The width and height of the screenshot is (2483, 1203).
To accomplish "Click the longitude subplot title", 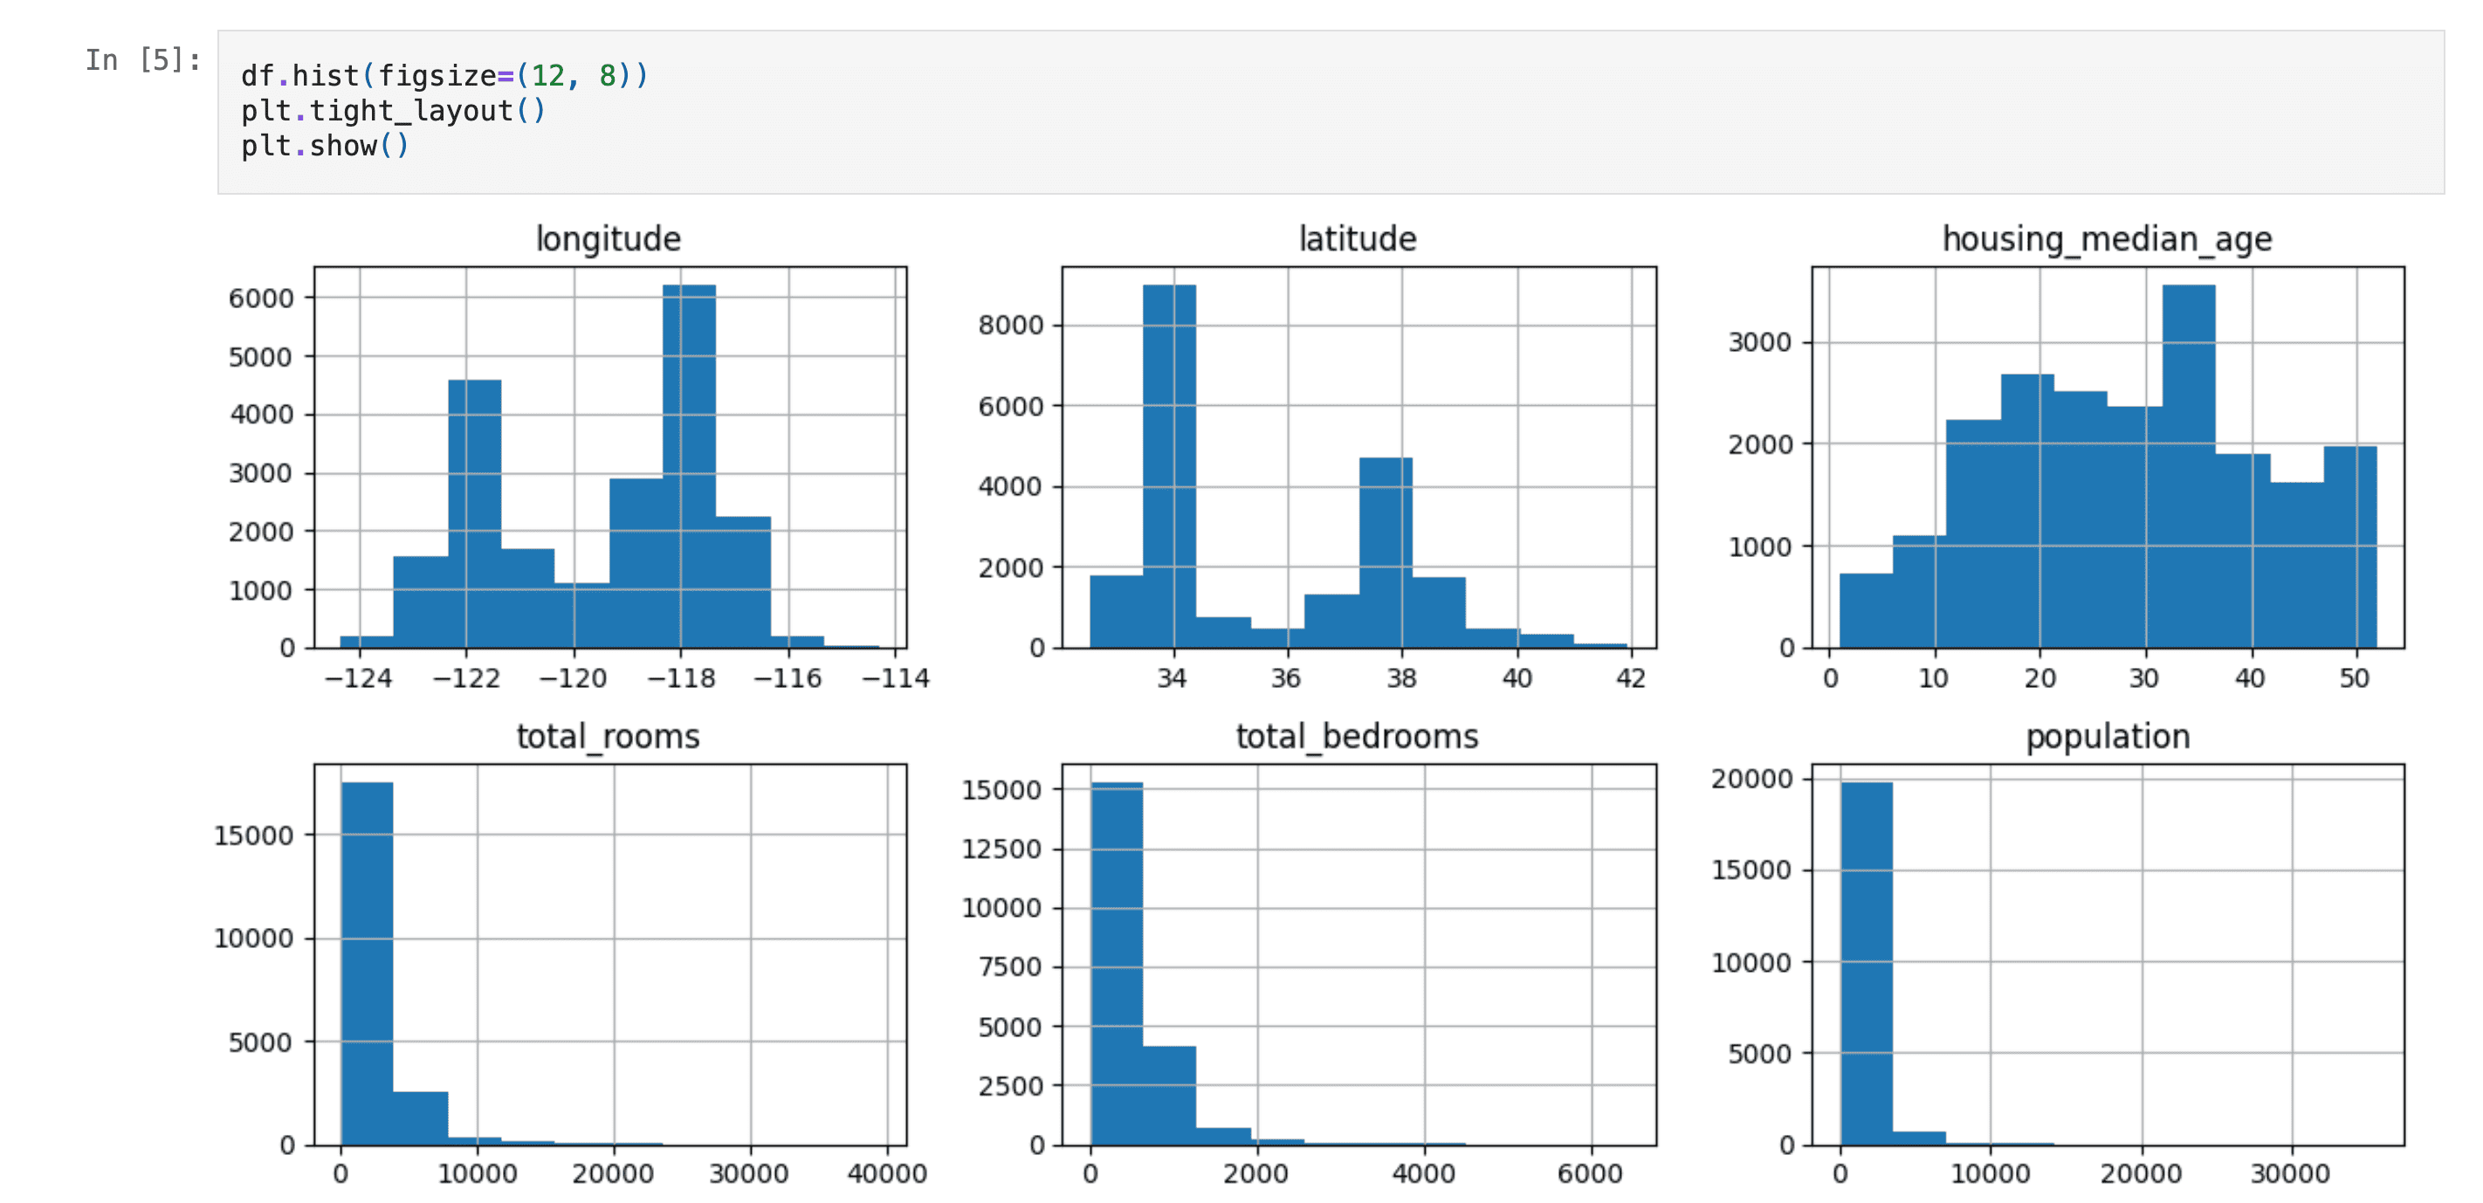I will (609, 238).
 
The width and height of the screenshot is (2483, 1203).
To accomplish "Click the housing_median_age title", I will (2107, 238).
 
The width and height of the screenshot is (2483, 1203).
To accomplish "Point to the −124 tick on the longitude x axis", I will (359, 678).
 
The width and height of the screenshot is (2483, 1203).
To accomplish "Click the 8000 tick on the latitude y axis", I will (1010, 325).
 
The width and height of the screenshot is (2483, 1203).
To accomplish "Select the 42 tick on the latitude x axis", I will (1631, 678).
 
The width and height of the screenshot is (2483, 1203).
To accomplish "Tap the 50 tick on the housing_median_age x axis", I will (2354, 678).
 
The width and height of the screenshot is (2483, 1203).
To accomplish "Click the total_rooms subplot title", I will (609, 737).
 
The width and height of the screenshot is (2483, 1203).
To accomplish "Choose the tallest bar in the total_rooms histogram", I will (368, 964).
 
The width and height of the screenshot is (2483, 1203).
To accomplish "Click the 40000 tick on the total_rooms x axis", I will (887, 1174).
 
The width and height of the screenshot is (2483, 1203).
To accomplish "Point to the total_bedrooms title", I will (1357, 737).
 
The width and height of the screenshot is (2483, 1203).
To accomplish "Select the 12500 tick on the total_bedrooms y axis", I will (1001, 849).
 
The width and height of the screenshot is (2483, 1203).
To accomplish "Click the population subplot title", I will (2107, 737).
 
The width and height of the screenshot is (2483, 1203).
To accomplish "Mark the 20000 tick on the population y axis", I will (1751, 778).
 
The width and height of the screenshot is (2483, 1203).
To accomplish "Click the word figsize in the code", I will (437, 75).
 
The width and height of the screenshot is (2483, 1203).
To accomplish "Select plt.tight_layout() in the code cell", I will (393, 111).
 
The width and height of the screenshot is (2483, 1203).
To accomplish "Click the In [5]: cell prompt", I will (142, 59).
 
